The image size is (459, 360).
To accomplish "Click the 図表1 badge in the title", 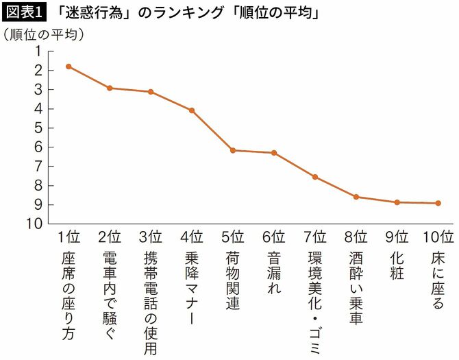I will tap(23, 11).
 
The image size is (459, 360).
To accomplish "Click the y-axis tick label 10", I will tap(34, 224).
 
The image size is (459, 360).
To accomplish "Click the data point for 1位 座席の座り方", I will tap(69, 67).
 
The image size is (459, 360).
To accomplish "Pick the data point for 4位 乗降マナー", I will tap(192, 110).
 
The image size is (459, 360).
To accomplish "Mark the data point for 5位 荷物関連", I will tap(233, 150).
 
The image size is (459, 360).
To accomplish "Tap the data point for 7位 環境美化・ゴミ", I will tap(315, 177).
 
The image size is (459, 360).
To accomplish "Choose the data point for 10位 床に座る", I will tap(438, 203).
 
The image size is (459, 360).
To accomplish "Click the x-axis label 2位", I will tap(110, 238).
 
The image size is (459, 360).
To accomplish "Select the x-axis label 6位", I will tap(274, 238).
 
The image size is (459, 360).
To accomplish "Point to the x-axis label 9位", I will tap(397, 238).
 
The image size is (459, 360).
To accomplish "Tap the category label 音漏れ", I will tap(274, 273).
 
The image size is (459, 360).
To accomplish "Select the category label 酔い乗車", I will tap(356, 288).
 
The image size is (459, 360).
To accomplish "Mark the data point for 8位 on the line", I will tap(356, 197).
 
